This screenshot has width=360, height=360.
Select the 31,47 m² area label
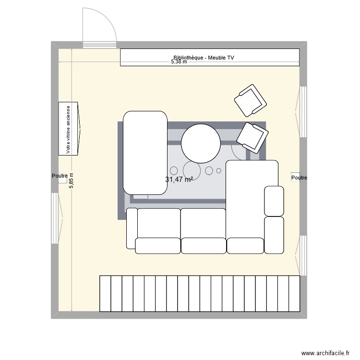pyautogui.click(x=179, y=180)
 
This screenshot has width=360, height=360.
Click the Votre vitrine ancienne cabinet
pyautogui.click(x=69, y=129)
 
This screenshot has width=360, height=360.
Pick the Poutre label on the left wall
pyautogui.click(x=60, y=176)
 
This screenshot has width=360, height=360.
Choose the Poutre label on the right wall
pyautogui.click(x=299, y=178)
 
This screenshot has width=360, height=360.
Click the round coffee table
pyautogui.click(x=201, y=143)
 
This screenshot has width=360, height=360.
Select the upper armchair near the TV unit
pyautogui.click(x=250, y=100)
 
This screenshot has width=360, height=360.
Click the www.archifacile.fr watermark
pyautogui.click(x=324, y=353)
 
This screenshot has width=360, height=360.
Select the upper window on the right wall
pyautogui.click(x=302, y=111)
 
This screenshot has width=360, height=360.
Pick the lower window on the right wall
pyautogui.click(x=302, y=255)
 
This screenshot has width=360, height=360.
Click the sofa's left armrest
pyautogui.click(x=131, y=228)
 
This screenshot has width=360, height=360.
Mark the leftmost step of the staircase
pyautogui.click(x=105, y=293)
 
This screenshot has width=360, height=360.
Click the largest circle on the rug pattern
pyautogui.click(x=191, y=170)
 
